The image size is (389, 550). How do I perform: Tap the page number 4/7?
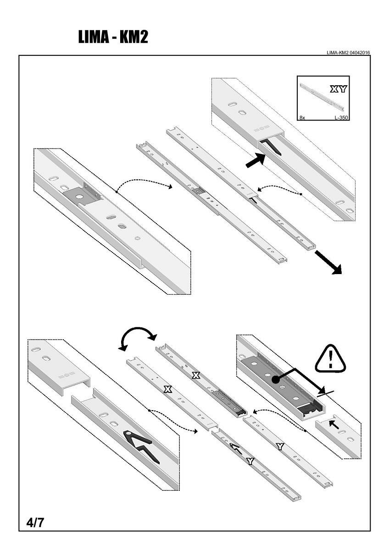tap(35, 522)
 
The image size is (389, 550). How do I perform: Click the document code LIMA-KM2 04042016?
tap(349, 53)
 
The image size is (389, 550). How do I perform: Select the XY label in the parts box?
tap(338, 89)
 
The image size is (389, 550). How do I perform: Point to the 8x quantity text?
tap(302, 118)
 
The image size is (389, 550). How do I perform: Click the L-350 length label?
tap(341, 118)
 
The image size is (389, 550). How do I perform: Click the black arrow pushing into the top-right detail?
tap(255, 160)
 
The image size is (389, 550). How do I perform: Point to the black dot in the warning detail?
tap(275, 380)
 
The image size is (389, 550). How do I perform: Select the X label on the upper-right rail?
tap(196, 375)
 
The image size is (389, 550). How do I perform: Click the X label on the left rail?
tap(167, 389)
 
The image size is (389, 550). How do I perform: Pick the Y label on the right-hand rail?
tap(279, 446)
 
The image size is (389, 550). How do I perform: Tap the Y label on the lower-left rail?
tap(250, 461)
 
